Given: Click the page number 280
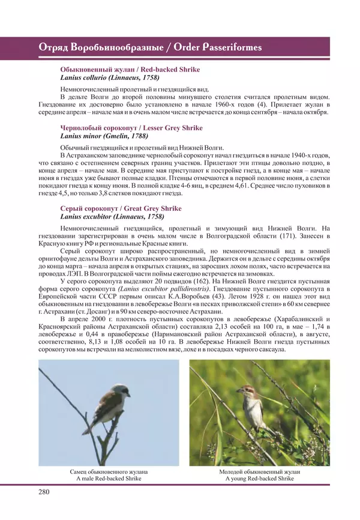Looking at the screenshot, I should coord(46,492).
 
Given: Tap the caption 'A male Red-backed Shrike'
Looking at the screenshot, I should coord(108,479).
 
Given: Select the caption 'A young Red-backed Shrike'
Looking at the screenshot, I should coord(260,479).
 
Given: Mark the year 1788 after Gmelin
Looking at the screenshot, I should coord(137,136).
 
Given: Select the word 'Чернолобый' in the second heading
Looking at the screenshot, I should coord(79,128).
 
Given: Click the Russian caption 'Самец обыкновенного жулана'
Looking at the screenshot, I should coord(108,472).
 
